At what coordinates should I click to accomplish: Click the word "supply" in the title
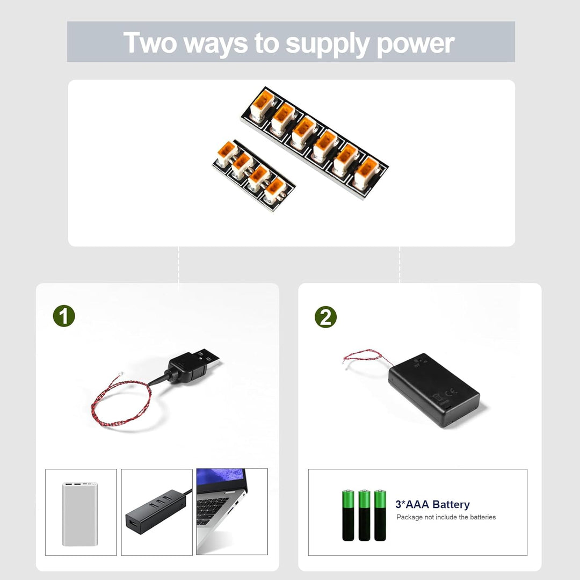pyautogui.click(x=327, y=43)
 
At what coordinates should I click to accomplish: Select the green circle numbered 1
pyautogui.click(x=64, y=317)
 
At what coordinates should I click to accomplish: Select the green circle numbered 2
pyautogui.click(x=325, y=317)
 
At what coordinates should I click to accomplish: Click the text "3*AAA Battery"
pyautogui.click(x=432, y=504)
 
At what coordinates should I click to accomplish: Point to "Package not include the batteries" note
pyautogui.click(x=446, y=517)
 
